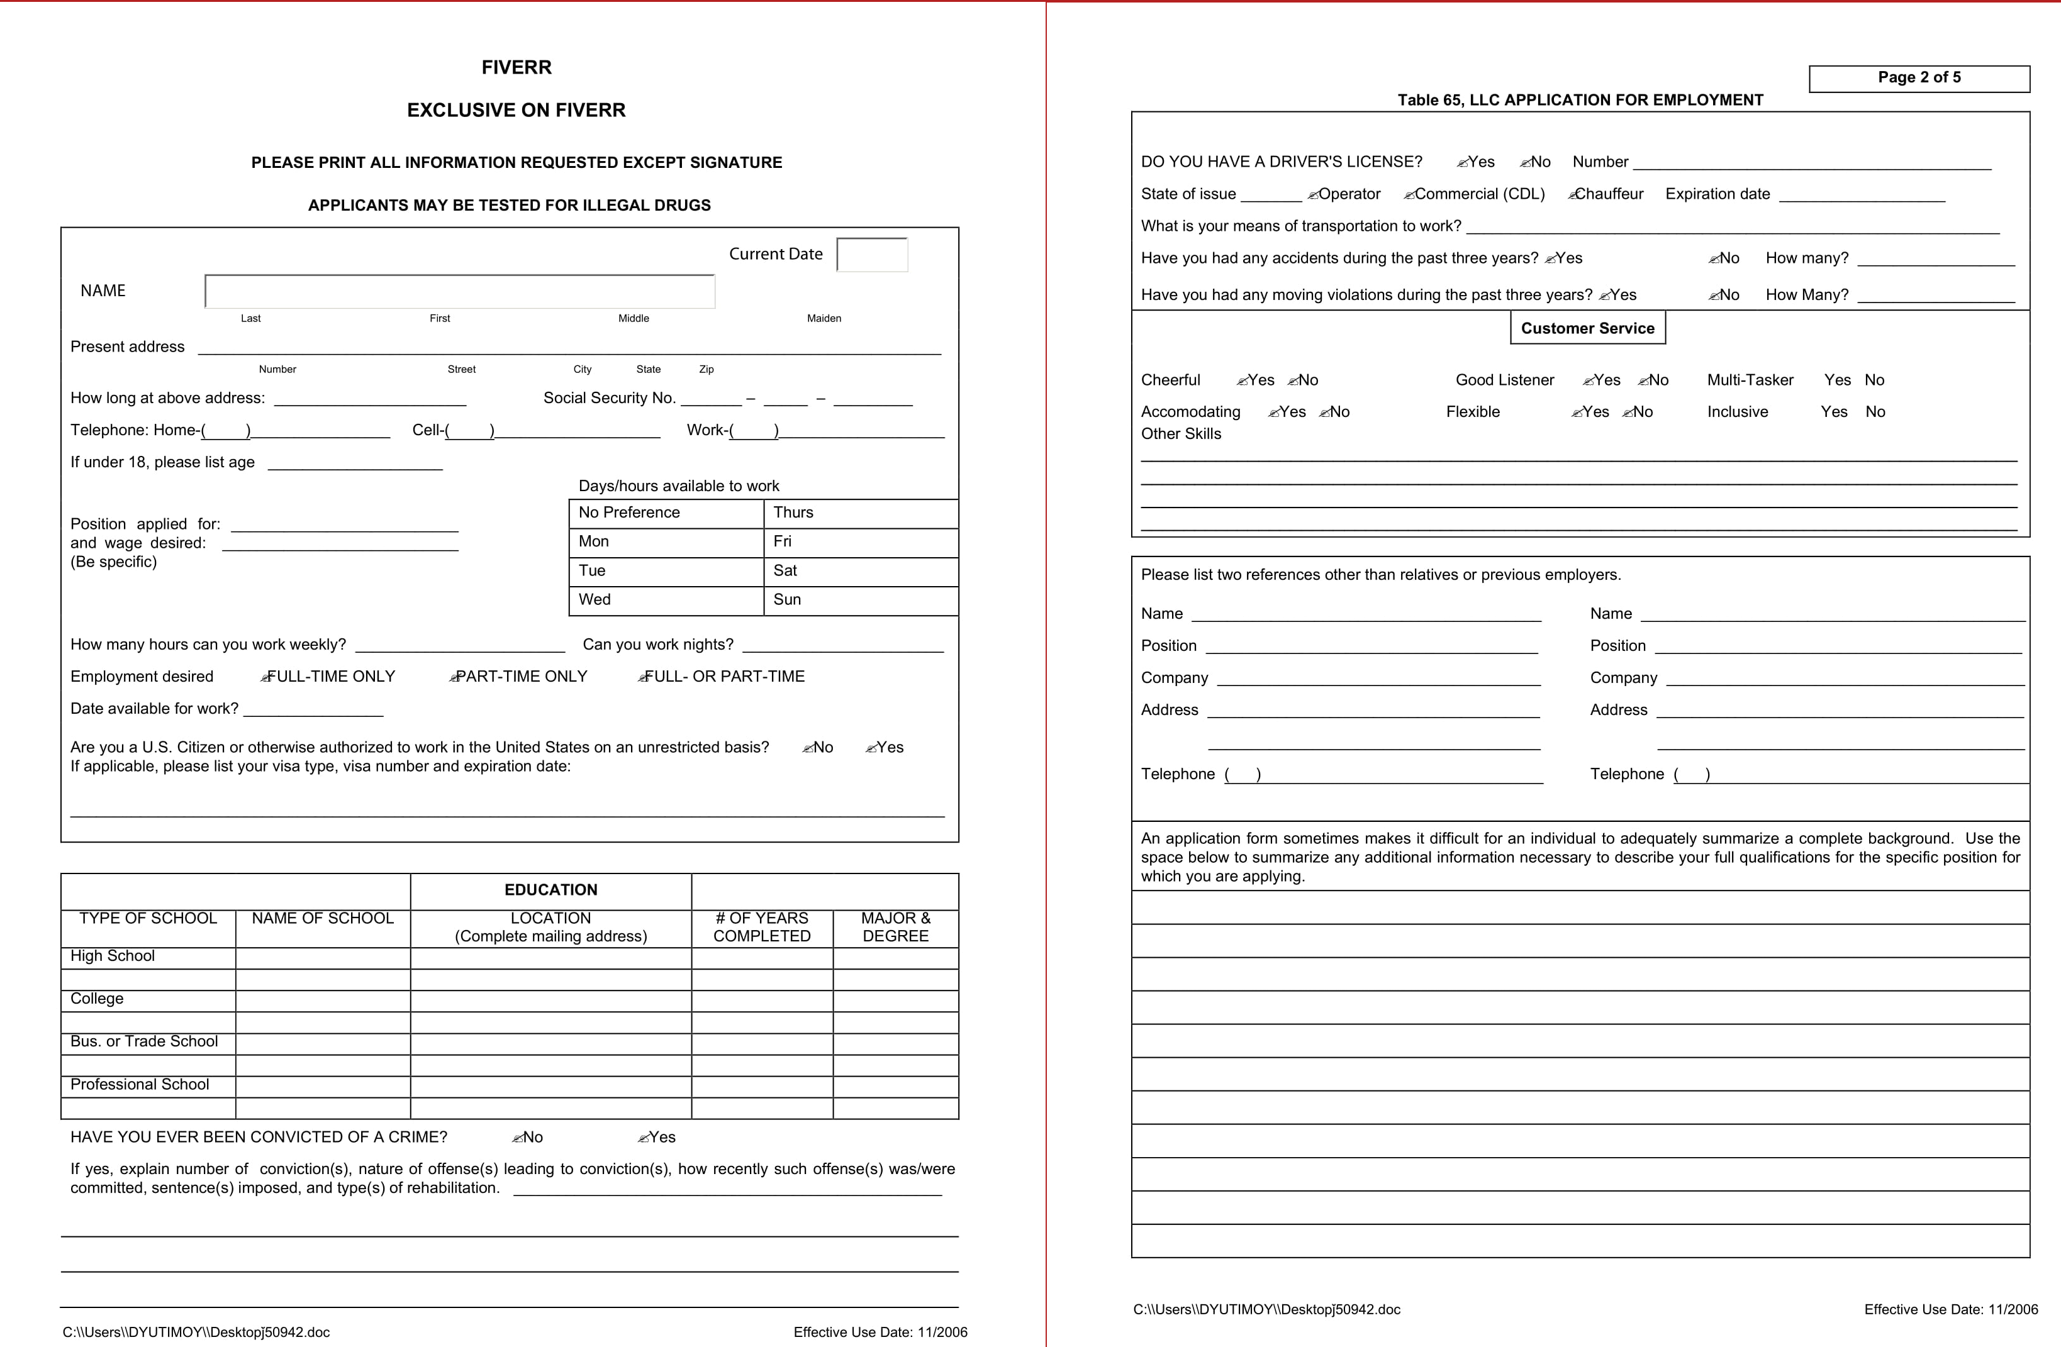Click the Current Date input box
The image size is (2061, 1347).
click(x=872, y=255)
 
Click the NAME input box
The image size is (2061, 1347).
click(x=459, y=292)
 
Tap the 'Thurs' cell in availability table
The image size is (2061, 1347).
click(x=860, y=513)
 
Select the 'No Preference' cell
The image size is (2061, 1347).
click(x=665, y=513)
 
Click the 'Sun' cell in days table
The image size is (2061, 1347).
click(x=860, y=600)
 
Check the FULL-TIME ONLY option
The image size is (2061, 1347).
click(x=329, y=676)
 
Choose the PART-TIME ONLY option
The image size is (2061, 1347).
click(x=519, y=676)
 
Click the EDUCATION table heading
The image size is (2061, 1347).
click(x=550, y=890)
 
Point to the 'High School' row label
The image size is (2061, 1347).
click(x=113, y=956)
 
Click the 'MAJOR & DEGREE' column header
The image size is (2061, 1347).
click(x=895, y=927)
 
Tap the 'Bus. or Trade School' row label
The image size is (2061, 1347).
click(x=143, y=1041)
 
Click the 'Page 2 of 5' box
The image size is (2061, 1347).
click(x=1919, y=78)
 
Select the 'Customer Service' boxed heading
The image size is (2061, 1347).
click(x=1587, y=328)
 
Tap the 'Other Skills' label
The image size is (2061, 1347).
click(x=1180, y=434)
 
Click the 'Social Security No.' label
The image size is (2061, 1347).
click(x=609, y=398)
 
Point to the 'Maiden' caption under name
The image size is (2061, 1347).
click(x=824, y=319)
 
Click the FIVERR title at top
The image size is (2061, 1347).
click(x=516, y=67)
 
